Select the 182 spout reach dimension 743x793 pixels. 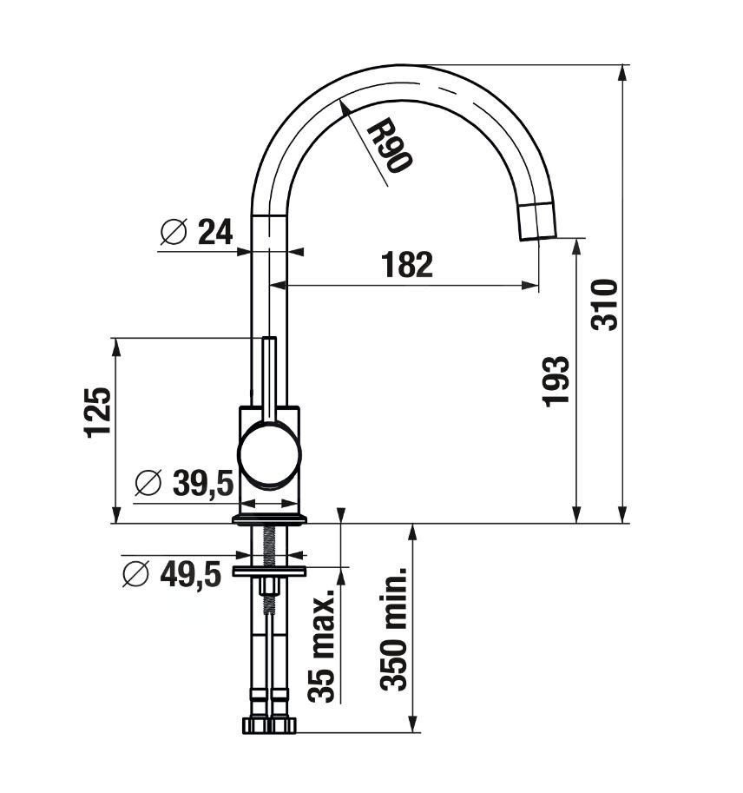click(407, 265)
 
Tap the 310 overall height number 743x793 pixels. click(604, 305)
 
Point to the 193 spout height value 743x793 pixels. click(556, 381)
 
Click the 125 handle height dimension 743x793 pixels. click(97, 412)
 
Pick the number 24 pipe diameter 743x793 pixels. click(215, 232)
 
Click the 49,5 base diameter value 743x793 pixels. click(191, 574)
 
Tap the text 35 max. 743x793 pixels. click(321, 644)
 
